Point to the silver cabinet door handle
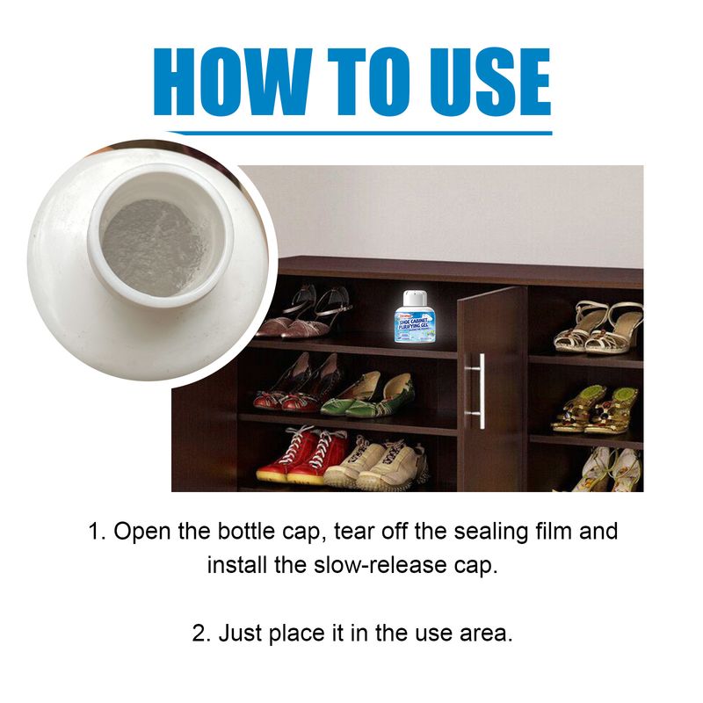pyautogui.click(x=478, y=390)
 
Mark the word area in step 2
pyautogui.click(x=484, y=633)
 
